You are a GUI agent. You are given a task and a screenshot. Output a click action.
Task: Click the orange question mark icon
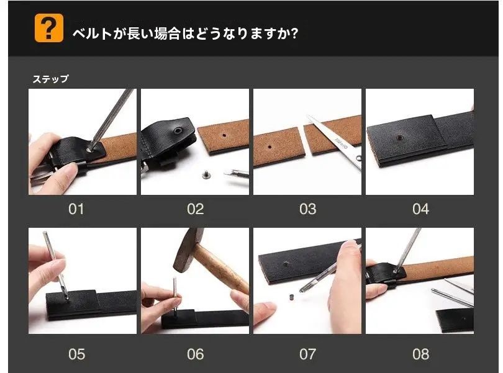tap(48, 29)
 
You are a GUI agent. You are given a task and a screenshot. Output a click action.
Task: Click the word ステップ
tap(50, 79)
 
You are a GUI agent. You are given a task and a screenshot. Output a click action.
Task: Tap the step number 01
tap(76, 209)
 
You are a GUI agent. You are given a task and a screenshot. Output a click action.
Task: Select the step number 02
tap(195, 209)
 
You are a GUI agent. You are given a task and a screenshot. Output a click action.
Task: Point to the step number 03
tap(307, 209)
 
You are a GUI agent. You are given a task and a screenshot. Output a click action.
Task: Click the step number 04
tap(420, 209)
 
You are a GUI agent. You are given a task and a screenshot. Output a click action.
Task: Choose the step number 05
tap(76, 354)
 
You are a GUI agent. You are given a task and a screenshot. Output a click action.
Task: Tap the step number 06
tap(195, 354)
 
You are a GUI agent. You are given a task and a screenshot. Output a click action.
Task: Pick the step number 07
tap(307, 354)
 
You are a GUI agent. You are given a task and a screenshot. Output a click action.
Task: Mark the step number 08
tap(420, 354)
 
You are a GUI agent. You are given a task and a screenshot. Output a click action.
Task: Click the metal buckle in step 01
tap(43, 176)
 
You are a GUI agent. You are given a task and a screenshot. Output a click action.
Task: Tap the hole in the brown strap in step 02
tap(222, 135)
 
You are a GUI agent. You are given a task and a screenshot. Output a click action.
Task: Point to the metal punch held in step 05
tap(56, 263)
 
